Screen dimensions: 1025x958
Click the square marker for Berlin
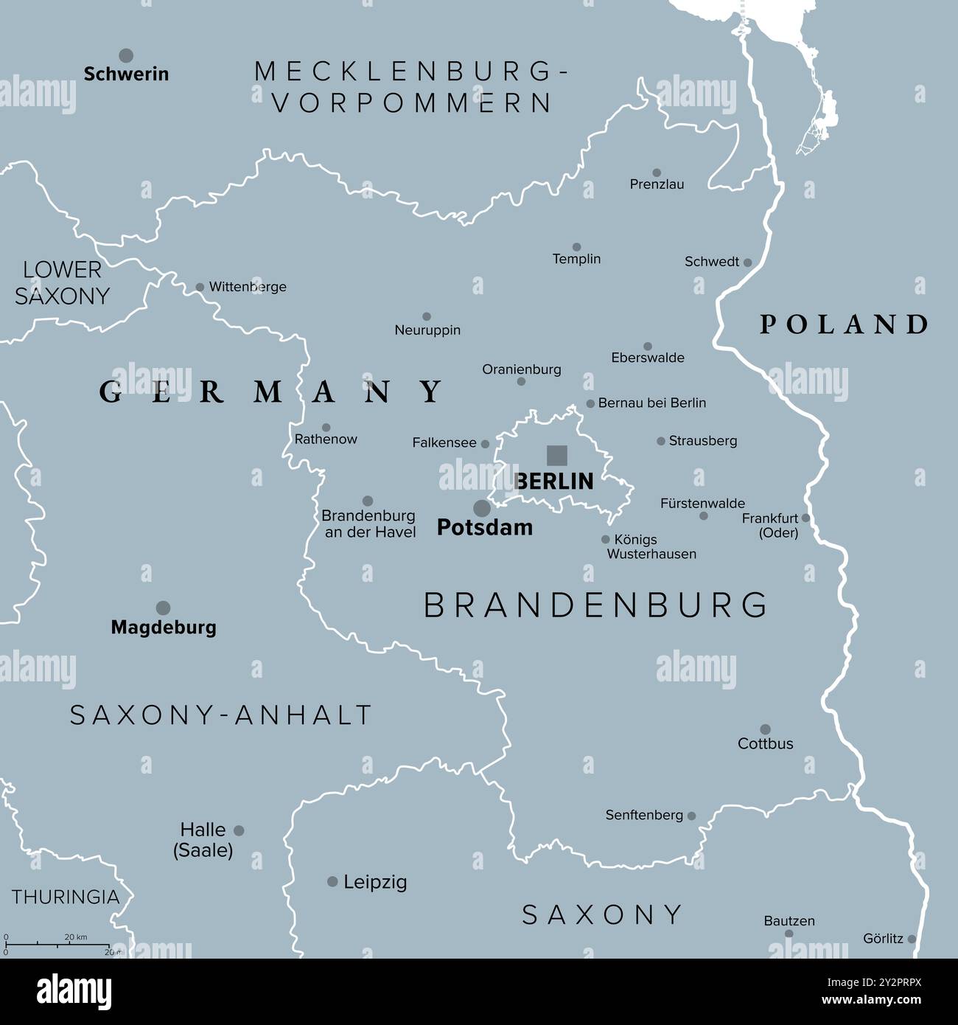(x=556, y=456)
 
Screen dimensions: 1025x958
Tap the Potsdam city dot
(x=481, y=508)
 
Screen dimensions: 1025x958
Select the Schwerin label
(x=126, y=74)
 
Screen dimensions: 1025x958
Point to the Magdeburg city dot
(x=163, y=608)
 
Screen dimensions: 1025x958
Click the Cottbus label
(x=766, y=743)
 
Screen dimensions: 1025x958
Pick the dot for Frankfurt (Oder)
(x=805, y=518)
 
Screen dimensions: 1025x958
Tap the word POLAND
(x=844, y=324)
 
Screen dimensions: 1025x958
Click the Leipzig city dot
(x=332, y=881)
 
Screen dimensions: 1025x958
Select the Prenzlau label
(x=657, y=184)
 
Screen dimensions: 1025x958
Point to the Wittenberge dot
(x=200, y=288)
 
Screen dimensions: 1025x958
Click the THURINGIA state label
(x=66, y=897)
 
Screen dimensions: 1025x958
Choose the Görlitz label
(x=883, y=939)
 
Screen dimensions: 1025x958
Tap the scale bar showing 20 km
(x=57, y=944)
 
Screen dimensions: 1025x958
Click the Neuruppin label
(x=427, y=330)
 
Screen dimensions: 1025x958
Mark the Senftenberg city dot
(x=691, y=816)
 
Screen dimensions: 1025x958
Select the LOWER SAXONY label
(x=62, y=283)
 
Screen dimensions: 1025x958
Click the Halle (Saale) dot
(x=239, y=830)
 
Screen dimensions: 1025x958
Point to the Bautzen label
(x=789, y=921)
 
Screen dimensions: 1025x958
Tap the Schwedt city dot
(x=747, y=263)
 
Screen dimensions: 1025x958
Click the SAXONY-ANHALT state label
(x=221, y=715)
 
